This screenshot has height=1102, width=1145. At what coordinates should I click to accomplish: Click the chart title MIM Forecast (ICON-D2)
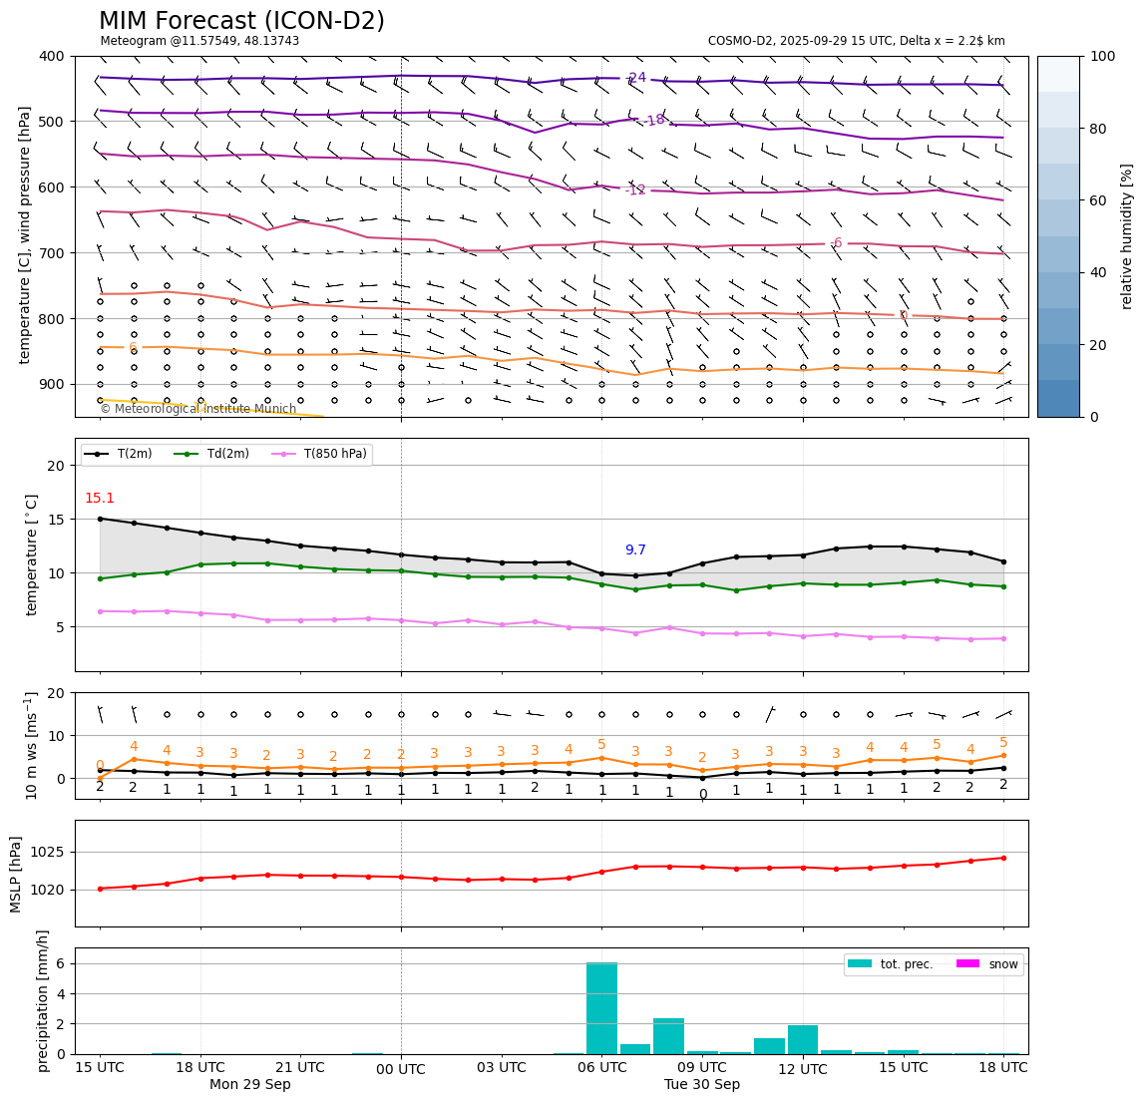tap(241, 21)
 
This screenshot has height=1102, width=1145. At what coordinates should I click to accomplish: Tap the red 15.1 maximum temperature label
tap(99, 499)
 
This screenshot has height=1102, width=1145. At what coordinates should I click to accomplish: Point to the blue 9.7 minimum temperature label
tap(635, 551)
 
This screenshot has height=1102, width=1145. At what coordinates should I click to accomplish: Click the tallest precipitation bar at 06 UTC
tap(601, 1007)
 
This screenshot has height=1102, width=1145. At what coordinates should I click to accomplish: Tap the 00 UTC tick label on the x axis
tap(401, 1070)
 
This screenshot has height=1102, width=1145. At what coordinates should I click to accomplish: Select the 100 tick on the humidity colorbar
tap(1102, 56)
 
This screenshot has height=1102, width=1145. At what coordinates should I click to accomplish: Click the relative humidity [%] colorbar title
tap(1127, 236)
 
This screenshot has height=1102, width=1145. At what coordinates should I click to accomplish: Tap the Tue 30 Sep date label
tap(702, 1085)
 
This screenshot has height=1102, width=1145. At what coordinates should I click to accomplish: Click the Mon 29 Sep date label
tap(250, 1085)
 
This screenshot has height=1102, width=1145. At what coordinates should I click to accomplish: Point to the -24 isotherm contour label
tap(635, 78)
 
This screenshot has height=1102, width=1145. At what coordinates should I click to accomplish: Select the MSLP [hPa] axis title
tap(16, 874)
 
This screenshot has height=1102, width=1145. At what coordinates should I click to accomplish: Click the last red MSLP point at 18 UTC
tap(1003, 858)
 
